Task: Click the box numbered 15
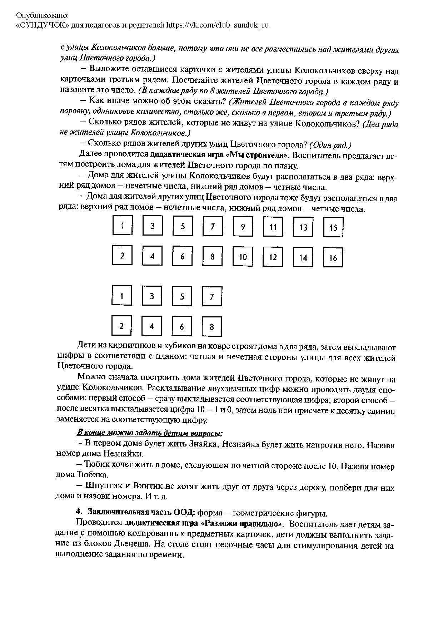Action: pos(333,227)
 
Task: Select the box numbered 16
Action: pos(333,257)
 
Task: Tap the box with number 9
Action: pos(243,227)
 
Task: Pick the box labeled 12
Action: pos(273,257)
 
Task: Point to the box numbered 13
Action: pos(303,227)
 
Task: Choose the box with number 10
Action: pos(243,257)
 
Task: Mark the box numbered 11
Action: pos(273,227)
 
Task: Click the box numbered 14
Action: pos(303,257)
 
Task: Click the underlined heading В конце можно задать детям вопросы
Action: pos(150,433)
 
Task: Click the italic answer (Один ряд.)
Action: pos(330,145)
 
